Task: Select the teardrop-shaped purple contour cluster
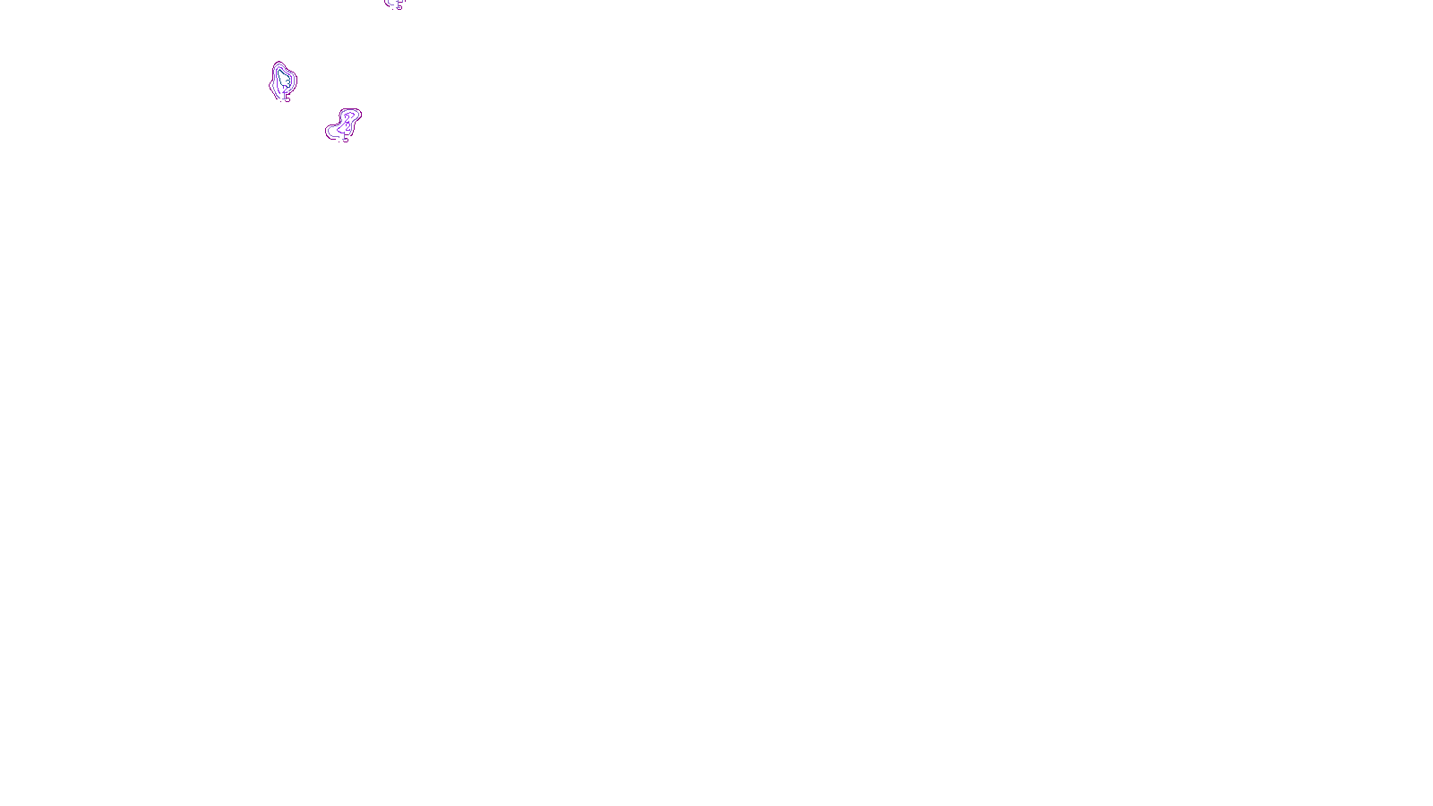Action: pos(283,80)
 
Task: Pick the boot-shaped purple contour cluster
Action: pos(345,124)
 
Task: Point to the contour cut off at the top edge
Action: pos(394,4)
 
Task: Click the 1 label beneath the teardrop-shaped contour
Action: pos(285,95)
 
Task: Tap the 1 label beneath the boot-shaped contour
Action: pos(345,137)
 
